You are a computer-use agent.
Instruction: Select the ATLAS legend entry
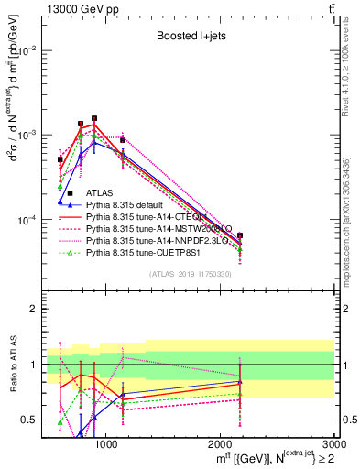[x=97, y=193]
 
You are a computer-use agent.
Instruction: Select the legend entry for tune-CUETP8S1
[x=142, y=254]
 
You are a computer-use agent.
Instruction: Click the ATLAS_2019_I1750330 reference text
[x=190, y=273]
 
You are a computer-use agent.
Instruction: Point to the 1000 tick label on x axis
[x=107, y=444]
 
